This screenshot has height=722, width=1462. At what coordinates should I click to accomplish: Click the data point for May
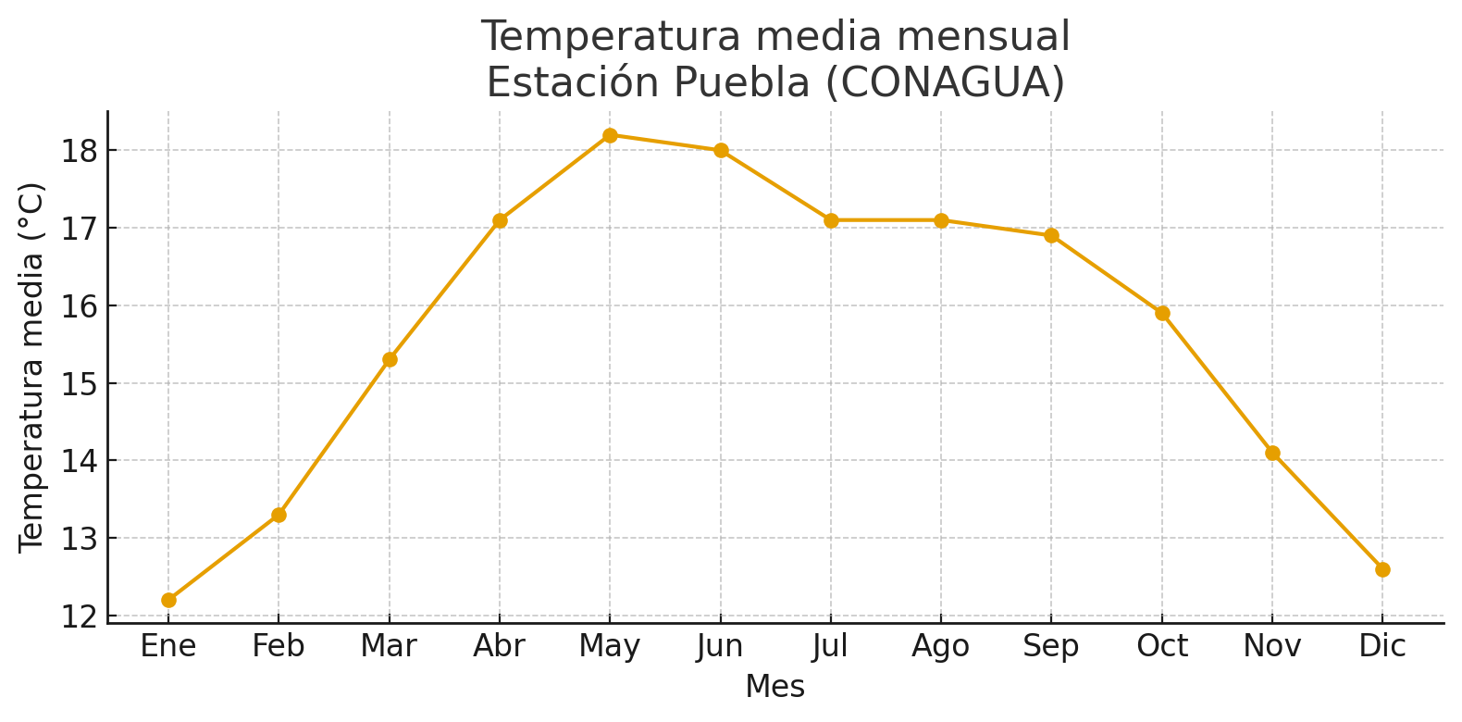click(x=610, y=135)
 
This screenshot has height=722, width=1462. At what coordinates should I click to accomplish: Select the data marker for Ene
click(x=168, y=600)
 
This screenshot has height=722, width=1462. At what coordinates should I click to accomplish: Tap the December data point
click(x=1382, y=569)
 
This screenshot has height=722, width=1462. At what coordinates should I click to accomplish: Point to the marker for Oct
click(x=1162, y=313)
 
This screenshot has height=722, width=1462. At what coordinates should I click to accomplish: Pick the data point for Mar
click(x=390, y=359)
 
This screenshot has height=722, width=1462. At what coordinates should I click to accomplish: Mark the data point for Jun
click(x=721, y=150)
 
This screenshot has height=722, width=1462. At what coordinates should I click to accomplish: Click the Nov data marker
click(x=1272, y=453)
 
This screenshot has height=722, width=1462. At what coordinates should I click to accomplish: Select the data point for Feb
click(x=279, y=515)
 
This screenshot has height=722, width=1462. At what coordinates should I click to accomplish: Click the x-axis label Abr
click(x=500, y=646)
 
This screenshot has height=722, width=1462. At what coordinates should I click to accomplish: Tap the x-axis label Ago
click(x=941, y=646)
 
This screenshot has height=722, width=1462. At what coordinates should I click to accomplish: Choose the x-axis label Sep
click(x=1051, y=646)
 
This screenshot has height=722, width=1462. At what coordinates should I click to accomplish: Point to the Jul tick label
click(x=830, y=646)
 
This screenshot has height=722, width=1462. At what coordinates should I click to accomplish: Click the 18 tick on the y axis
click(x=80, y=150)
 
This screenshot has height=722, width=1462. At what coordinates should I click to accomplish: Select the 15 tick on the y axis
click(x=80, y=383)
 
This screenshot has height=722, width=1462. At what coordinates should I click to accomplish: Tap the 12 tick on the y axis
click(x=80, y=616)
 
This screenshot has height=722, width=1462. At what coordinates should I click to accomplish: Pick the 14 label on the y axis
click(x=80, y=461)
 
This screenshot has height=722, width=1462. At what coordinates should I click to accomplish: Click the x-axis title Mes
click(x=775, y=687)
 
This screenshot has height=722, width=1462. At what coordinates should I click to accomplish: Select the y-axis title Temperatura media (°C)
click(x=32, y=367)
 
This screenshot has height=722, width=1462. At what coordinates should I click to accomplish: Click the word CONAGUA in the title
click(x=944, y=82)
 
